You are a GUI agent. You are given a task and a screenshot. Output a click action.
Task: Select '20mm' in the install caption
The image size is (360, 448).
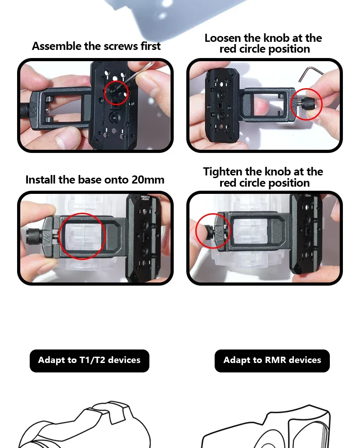[x=148, y=180]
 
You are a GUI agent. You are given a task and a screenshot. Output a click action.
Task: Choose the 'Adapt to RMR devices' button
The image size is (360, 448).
[x=272, y=361]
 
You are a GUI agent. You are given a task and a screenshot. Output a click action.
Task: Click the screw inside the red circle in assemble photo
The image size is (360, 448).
[x=114, y=91]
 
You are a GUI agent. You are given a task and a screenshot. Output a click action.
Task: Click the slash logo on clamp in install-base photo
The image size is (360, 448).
[x=47, y=236]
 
